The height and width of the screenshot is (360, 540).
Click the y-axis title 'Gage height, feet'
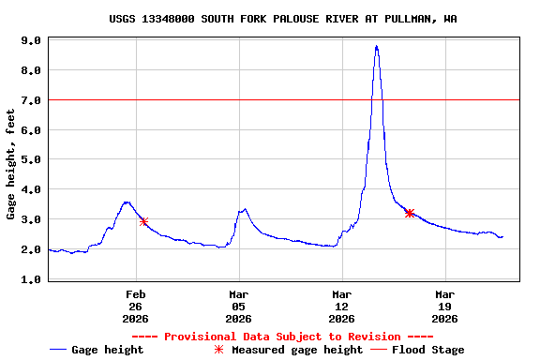coord(11,165)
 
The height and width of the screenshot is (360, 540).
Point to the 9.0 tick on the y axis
coord(31,41)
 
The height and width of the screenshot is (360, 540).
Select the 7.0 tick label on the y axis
coord(31,100)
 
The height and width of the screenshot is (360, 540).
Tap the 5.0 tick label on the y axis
coord(31,160)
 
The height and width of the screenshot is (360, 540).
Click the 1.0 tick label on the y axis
coord(31,279)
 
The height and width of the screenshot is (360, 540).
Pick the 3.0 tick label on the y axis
coord(31,219)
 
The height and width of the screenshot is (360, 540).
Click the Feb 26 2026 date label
coord(136,306)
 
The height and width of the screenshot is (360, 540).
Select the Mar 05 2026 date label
coord(239,306)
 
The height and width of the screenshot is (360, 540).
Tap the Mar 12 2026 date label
coord(342,306)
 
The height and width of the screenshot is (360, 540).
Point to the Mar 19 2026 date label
coord(444,306)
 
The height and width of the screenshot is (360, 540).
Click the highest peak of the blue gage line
coord(376,46)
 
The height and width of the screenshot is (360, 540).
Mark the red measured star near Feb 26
coord(143,221)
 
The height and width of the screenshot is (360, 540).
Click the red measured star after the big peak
coord(410,213)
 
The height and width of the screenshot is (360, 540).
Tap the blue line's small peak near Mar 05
coord(244,209)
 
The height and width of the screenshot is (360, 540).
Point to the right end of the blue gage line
coord(502,236)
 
